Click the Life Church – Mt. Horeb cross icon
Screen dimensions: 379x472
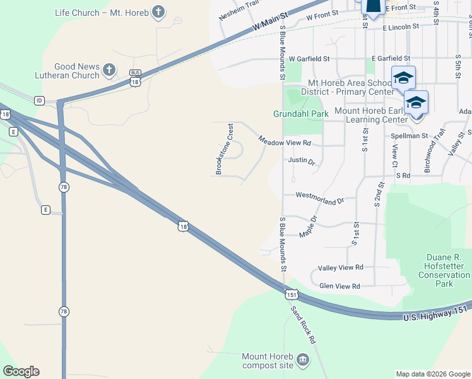coord(158,12)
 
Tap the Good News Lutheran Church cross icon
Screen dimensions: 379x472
coord(109,70)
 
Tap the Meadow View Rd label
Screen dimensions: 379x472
coord(285,142)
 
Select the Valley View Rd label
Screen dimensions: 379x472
coord(341,267)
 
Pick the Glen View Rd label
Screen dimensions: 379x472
coord(339,286)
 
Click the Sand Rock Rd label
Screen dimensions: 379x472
coord(303,325)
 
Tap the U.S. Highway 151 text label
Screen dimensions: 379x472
coord(437,314)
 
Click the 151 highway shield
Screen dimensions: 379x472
coord(291,294)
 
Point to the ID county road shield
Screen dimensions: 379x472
coord(39,100)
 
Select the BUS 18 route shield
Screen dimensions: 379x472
coord(134,77)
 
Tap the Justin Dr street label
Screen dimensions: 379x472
coord(301,160)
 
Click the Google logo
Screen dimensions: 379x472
coord(21,371)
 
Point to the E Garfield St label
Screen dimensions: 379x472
coord(395,58)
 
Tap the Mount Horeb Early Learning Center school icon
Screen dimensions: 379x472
coord(416,102)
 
